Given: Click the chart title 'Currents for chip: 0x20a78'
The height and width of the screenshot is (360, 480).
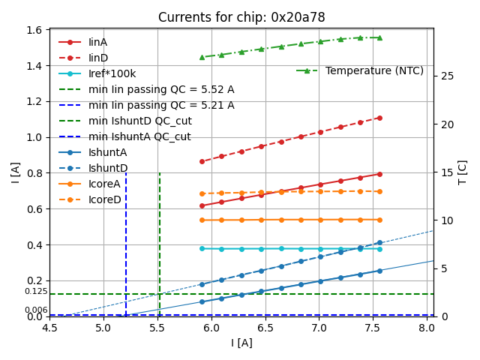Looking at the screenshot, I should (241, 17).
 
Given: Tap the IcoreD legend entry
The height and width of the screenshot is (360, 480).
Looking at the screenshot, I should (104, 199).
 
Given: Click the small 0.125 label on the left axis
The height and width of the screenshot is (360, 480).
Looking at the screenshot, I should (36, 291).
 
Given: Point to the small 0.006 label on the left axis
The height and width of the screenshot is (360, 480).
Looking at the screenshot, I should (36, 310).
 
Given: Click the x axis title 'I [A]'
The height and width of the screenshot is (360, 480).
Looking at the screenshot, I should (241, 343).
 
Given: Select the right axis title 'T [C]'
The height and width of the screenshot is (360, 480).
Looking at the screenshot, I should (463, 172).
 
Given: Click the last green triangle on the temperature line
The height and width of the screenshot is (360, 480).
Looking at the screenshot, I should (379, 37).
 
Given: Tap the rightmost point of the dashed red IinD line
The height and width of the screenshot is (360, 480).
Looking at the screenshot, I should (379, 118).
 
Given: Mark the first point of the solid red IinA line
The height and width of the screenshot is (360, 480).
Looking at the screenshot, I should (202, 205).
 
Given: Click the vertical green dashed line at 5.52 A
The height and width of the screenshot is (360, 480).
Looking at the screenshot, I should (160, 225).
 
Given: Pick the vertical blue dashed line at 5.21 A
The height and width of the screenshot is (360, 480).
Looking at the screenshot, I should (126, 225).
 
